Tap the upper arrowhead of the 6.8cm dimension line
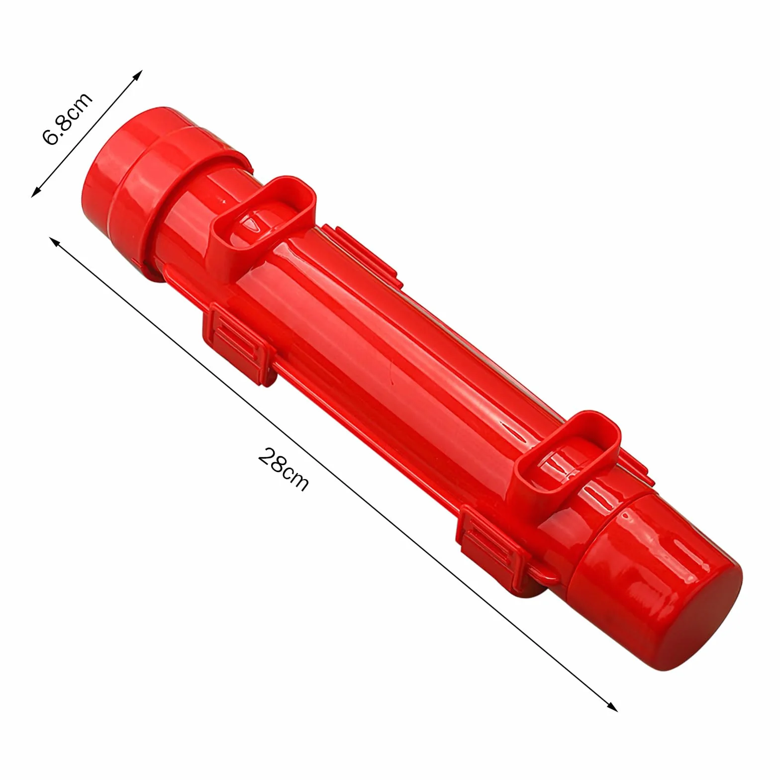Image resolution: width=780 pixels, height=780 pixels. tap(138, 74)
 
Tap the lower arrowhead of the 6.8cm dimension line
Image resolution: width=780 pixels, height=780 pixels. tap(36, 192)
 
